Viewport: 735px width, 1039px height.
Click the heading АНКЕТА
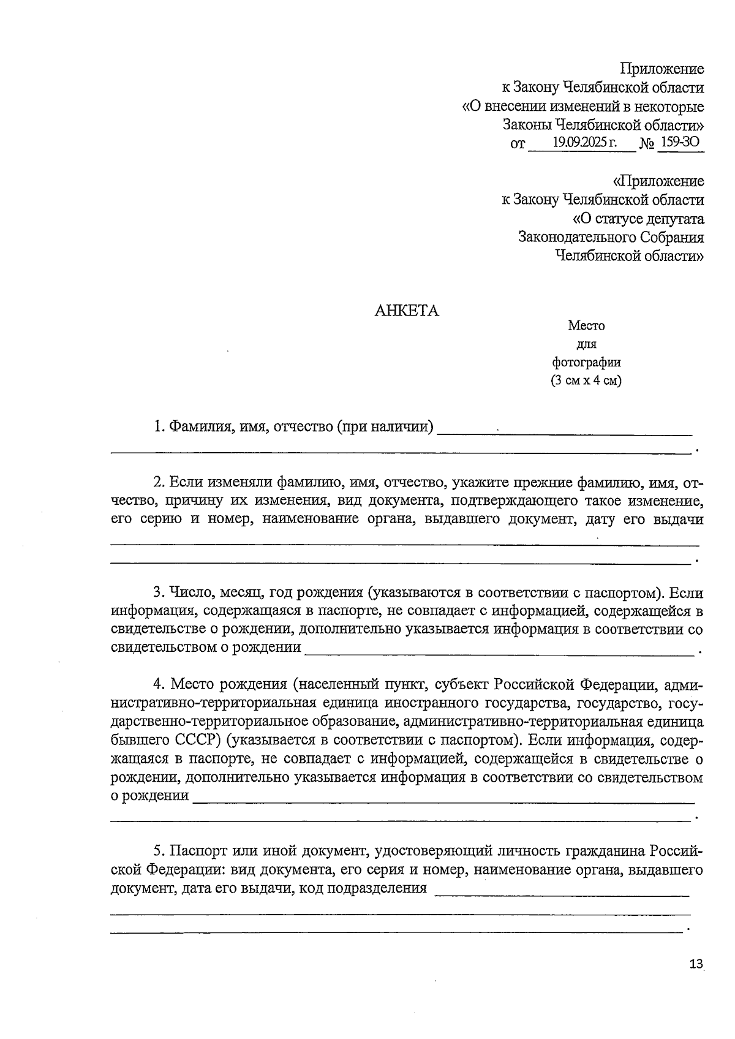point(407,311)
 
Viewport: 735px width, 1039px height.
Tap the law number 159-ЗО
point(680,143)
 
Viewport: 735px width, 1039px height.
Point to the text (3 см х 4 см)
point(586,380)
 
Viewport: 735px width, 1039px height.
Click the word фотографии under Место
point(586,362)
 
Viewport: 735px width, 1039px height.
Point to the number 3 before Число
point(157,593)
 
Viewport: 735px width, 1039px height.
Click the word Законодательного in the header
point(576,237)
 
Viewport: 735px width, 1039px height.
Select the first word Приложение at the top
point(662,69)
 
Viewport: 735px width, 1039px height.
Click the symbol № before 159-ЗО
point(647,145)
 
